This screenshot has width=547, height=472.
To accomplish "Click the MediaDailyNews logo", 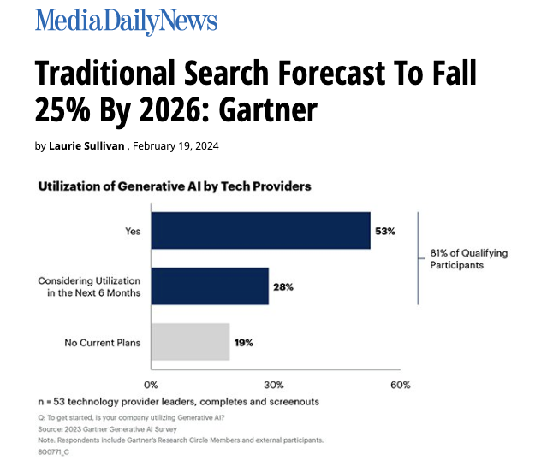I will click(126, 21).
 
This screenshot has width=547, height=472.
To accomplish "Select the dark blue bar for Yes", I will click(260, 231).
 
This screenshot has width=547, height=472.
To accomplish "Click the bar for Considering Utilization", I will click(210, 286).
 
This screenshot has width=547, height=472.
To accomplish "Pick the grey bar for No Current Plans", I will click(190, 342).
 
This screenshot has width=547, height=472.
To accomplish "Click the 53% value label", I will click(385, 231).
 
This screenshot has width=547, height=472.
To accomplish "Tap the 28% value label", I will click(283, 286).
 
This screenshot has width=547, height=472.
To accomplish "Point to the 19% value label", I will click(243, 342).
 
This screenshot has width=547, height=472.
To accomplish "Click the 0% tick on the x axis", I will click(151, 385).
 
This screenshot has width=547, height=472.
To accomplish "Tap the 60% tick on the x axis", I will click(400, 385).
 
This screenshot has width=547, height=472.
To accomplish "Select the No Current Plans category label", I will click(103, 343).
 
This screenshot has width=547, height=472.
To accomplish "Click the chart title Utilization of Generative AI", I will click(174, 186).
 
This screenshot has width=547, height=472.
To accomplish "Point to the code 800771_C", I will click(53, 451).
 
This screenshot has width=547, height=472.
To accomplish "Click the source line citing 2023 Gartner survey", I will click(103, 428).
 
